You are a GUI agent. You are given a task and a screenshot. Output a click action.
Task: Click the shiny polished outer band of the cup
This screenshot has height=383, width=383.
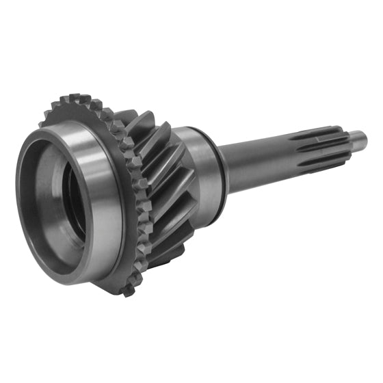point(103,191)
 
